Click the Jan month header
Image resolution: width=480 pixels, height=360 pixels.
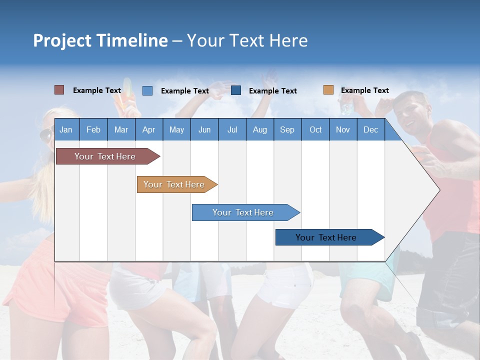(x=66, y=129)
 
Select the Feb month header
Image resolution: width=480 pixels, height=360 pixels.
(x=93, y=129)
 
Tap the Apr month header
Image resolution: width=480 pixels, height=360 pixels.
(x=148, y=129)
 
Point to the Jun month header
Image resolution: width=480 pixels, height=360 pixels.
(x=204, y=129)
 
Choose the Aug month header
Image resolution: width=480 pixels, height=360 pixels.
(x=259, y=129)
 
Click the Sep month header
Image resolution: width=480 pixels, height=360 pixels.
(x=287, y=129)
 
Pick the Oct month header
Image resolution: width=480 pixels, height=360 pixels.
(x=315, y=129)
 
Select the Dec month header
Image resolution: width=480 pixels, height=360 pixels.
(x=370, y=129)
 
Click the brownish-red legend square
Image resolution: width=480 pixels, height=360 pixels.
(x=59, y=90)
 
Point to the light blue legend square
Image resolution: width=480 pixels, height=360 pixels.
(x=147, y=90)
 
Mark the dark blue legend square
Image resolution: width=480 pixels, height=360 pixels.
(x=236, y=90)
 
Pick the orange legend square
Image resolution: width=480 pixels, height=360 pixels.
(x=328, y=90)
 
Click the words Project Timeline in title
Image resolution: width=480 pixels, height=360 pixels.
(x=100, y=40)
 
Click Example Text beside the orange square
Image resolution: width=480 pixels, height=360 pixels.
(x=364, y=90)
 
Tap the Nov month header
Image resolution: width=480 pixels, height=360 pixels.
(x=342, y=129)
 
